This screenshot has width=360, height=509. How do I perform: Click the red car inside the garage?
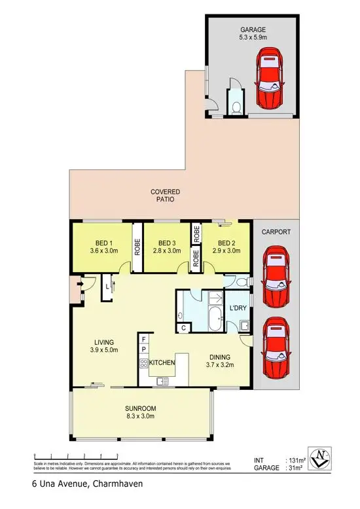tap(270, 81)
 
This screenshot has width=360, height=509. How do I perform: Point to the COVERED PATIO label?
tap(165, 195)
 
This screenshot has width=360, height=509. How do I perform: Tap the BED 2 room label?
tap(225, 246)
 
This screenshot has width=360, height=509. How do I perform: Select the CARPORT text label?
tap(276, 232)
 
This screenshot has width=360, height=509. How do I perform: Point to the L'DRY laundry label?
tap(236, 309)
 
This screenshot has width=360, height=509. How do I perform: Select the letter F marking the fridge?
tap(143, 340)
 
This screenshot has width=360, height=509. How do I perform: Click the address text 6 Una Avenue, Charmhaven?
tap(86, 485)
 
